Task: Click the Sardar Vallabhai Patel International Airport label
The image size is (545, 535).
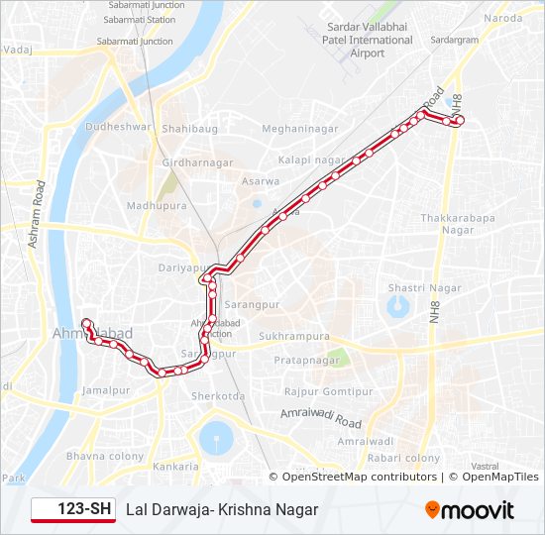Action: click(368, 40)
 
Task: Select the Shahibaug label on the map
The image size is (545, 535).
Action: click(188, 129)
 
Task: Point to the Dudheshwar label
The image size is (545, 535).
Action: click(119, 127)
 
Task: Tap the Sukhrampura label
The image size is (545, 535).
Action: click(294, 337)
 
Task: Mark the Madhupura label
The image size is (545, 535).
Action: click(150, 206)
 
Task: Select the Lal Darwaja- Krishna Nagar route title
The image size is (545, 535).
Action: click(222, 509)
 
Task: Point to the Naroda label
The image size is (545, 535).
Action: click(503, 18)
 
